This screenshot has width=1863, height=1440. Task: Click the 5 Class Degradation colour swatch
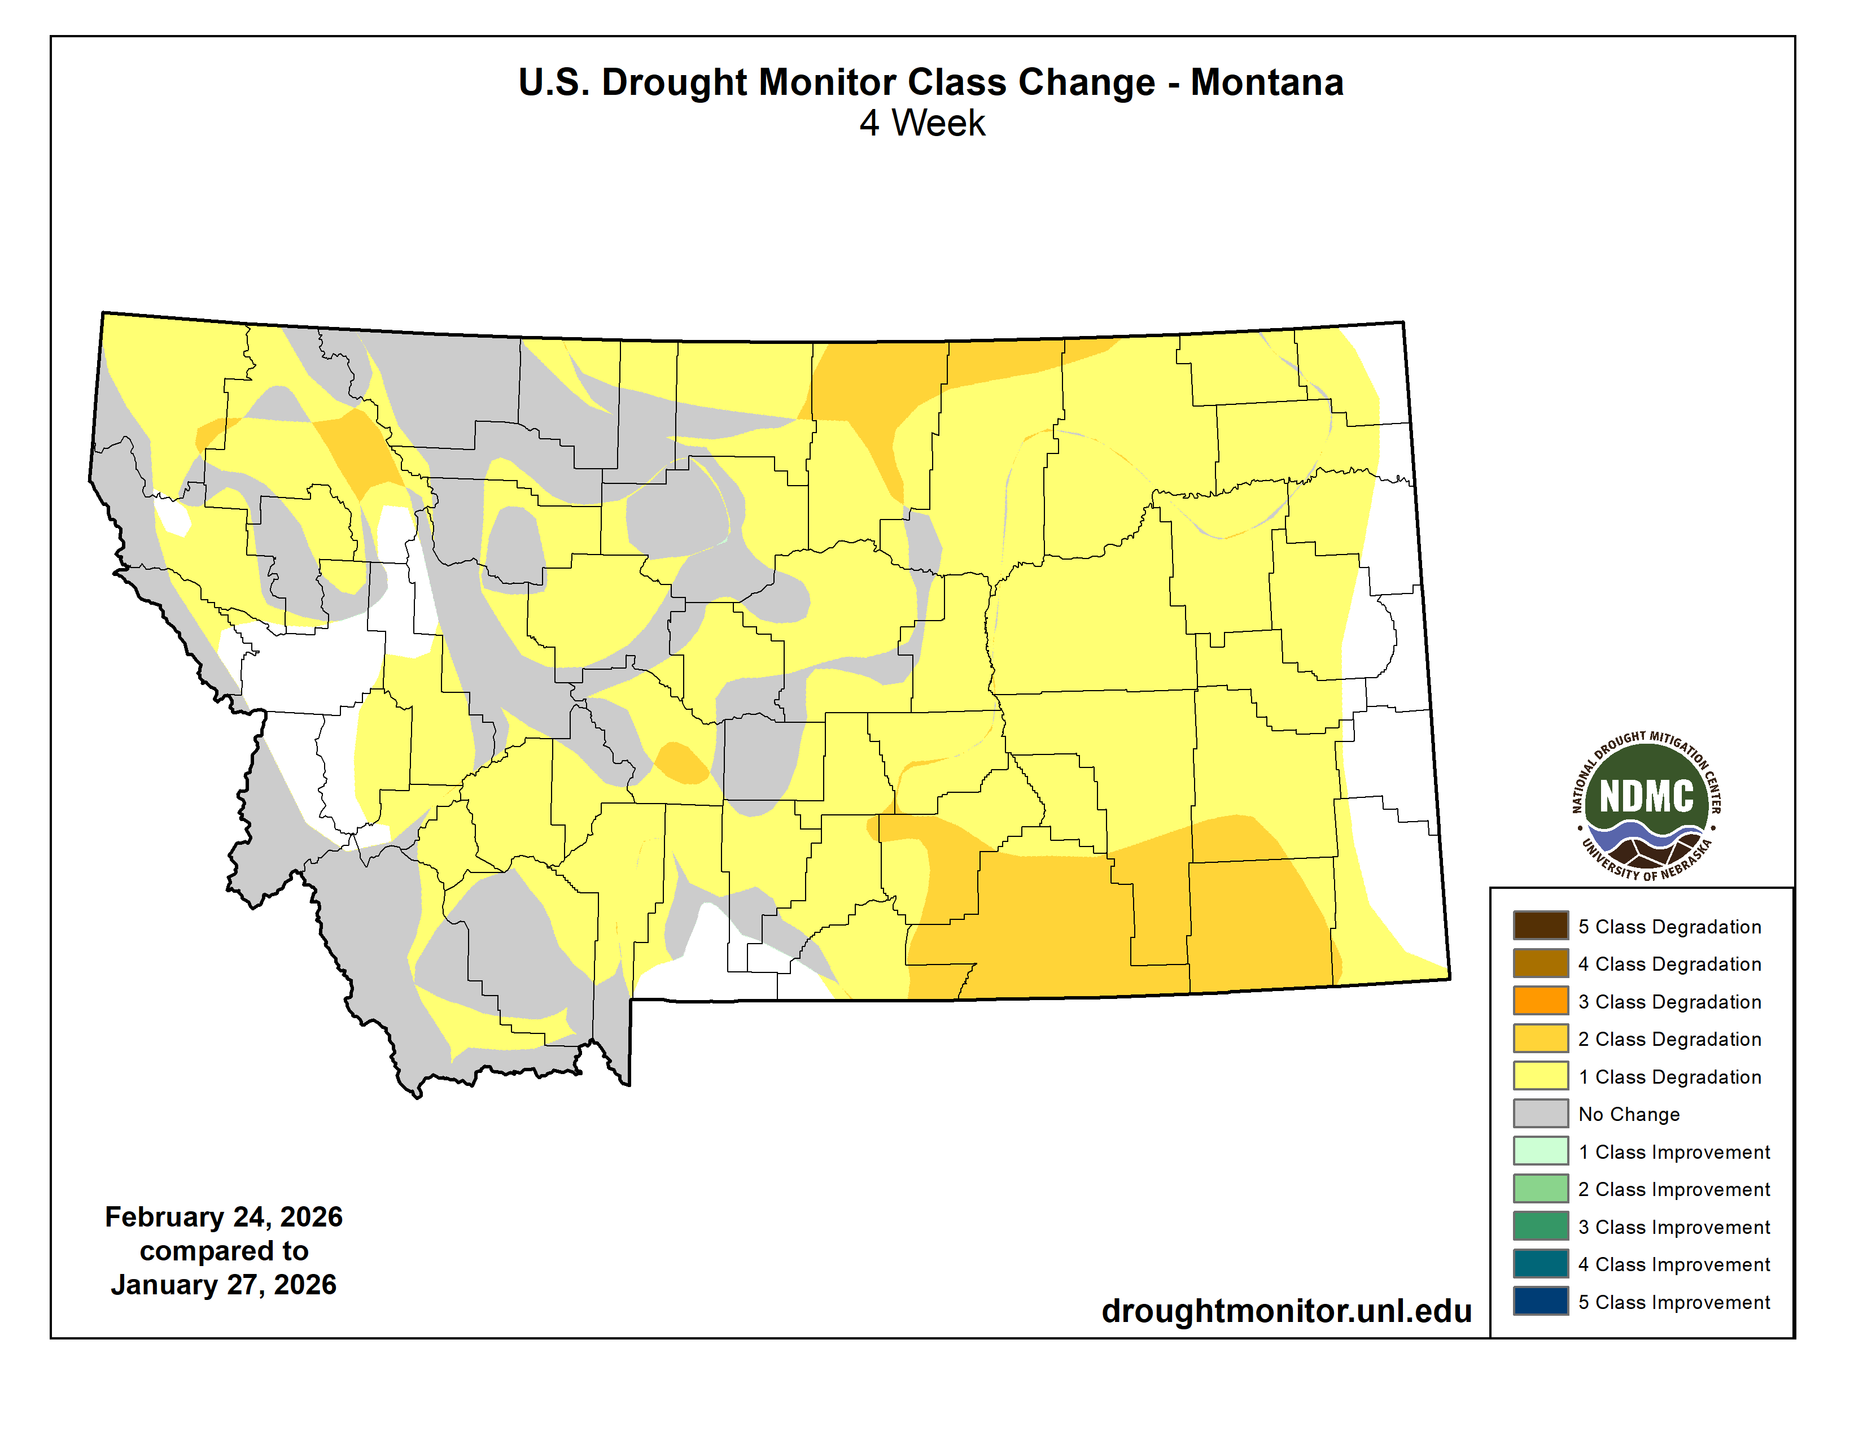pyautogui.click(x=1541, y=926)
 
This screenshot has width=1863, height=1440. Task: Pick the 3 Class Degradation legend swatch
pyautogui.click(x=1541, y=1001)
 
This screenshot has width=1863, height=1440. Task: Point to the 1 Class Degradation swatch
pyautogui.click(x=1541, y=1076)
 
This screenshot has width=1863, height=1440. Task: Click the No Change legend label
pyautogui.click(x=1628, y=1114)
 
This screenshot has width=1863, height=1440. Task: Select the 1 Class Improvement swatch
pyautogui.click(x=1541, y=1151)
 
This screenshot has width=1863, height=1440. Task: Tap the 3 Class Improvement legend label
pyautogui.click(x=1674, y=1227)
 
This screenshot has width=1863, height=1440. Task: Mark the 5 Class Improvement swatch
pyautogui.click(x=1541, y=1301)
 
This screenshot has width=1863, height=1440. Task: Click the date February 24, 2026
pyautogui.click(x=224, y=1216)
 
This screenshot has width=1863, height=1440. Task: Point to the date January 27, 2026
pyautogui.click(x=224, y=1285)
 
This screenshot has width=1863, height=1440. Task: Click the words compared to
pyautogui.click(x=224, y=1251)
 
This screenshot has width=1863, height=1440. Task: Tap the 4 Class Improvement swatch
pyautogui.click(x=1541, y=1263)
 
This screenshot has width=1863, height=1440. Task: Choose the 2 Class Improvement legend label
pyautogui.click(x=1674, y=1189)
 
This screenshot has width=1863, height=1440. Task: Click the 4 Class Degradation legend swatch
pyautogui.click(x=1541, y=963)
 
